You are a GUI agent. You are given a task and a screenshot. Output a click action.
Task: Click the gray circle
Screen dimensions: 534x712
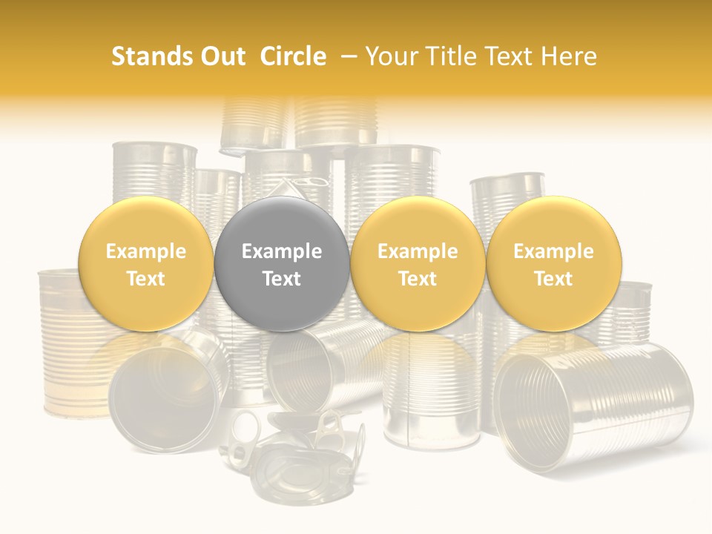[x=281, y=263]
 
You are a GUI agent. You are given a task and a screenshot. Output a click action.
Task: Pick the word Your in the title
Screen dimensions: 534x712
[x=389, y=56]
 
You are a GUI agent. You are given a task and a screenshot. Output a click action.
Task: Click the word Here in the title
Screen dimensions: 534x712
[x=569, y=56]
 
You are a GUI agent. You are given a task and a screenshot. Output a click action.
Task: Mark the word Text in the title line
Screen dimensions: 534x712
[x=508, y=56]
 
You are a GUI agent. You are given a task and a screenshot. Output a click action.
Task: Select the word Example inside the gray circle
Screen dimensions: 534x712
[x=282, y=251]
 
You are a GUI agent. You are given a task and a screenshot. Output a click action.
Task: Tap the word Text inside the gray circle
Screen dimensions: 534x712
[x=282, y=279]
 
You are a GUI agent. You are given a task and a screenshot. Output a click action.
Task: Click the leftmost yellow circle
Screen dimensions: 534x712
[x=145, y=263]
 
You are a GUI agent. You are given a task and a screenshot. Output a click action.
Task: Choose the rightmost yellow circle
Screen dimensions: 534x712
[x=553, y=263]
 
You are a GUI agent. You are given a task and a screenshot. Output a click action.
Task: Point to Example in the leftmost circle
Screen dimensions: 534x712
[x=146, y=251]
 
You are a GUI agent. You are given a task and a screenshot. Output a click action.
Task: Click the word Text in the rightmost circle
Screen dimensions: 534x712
[x=553, y=279]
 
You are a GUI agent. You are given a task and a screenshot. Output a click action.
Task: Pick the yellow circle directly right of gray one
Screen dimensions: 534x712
[x=418, y=263]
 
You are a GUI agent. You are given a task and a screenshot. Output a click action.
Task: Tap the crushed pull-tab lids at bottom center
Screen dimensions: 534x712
[x=297, y=452]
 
